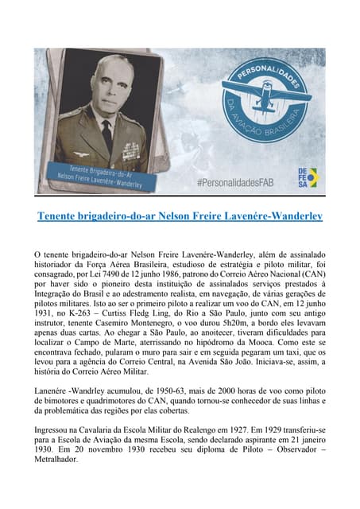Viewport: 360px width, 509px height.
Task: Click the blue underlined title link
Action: point(179,216)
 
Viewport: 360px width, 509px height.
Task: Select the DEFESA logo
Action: point(306,177)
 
